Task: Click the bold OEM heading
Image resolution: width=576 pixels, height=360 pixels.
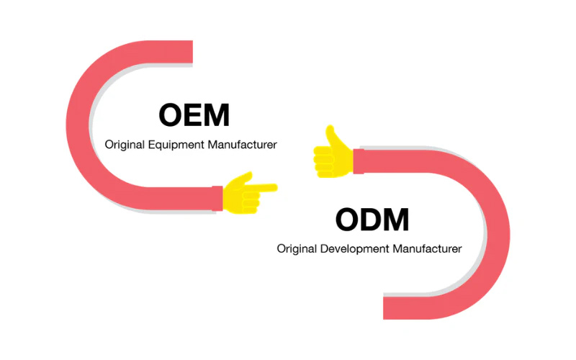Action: coord(194,116)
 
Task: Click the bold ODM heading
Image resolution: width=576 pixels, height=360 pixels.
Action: coord(372,220)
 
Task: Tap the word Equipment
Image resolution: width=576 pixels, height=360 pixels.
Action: coord(176,145)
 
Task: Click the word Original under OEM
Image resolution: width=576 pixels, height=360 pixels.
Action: coord(125,145)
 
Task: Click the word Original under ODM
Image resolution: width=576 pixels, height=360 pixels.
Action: coord(297,249)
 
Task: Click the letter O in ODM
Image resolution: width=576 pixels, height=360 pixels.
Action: coord(349,220)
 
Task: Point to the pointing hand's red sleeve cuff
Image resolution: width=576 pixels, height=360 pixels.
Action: coord(216,197)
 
